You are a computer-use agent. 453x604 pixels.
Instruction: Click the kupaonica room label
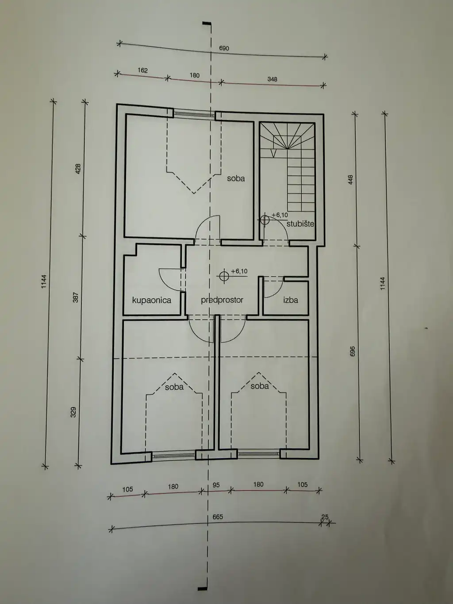(x=152, y=300)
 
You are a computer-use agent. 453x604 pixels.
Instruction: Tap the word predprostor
(x=222, y=300)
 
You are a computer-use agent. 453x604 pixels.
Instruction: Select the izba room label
(x=291, y=300)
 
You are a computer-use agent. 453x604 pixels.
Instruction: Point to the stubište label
(x=300, y=224)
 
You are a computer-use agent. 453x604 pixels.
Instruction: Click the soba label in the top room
(x=236, y=178)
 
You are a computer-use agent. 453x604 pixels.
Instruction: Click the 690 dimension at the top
(x=224, y=48)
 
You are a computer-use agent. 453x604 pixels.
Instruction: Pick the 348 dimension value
(x=273, y=79)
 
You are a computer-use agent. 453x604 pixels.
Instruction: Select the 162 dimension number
(x=143, y=70)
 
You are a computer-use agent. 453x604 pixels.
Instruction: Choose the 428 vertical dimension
(x=78, y=169)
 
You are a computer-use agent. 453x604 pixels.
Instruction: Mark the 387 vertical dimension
(x=76, y=297)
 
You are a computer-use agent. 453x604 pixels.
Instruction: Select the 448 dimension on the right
(x=350, y=179)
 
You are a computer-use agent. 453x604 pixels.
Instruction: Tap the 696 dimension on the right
(x=353, y=351)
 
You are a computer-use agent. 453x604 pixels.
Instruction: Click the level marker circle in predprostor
(x=224, y=276)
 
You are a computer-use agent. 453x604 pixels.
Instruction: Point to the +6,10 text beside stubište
(x=280, y=215)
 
